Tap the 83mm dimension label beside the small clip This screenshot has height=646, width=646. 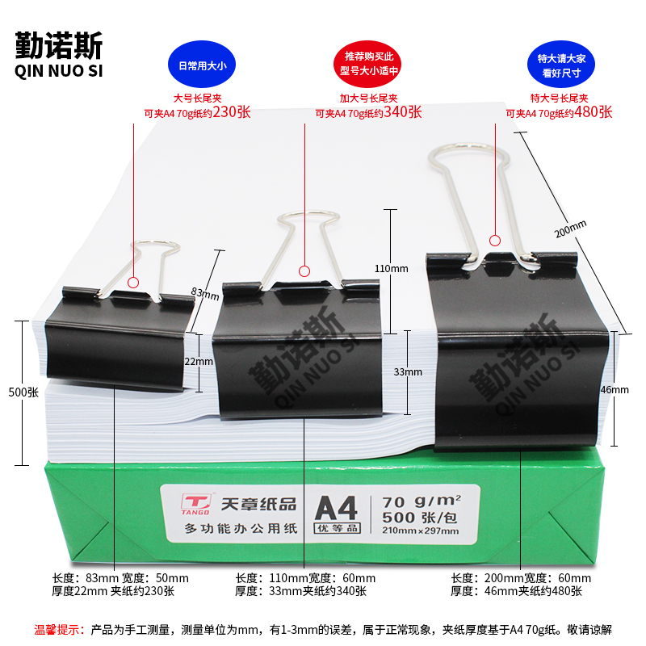pyautogui.click(x=206, y=292)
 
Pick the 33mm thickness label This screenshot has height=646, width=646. pyautogui.click(x=408, y=372)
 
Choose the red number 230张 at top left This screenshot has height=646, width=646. pyautogui.click(x=231, y=112)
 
